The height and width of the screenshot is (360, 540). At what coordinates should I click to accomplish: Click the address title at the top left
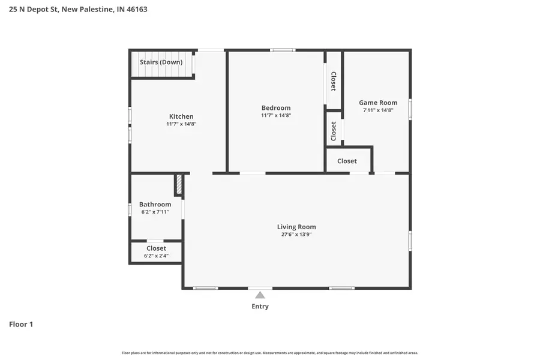click(78, 10)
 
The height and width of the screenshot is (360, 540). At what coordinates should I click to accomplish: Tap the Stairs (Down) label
click(161, 62)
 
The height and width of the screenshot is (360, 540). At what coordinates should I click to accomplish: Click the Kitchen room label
click(181, 116)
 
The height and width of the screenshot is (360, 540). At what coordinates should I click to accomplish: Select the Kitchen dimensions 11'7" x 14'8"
click(181, 124)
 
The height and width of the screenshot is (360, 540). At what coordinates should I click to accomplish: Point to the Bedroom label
click(276, 108)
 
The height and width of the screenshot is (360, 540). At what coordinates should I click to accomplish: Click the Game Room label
click(378, 103)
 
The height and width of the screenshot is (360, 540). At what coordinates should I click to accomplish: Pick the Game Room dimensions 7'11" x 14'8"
click(378, 110)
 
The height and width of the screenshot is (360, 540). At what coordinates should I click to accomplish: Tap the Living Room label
click(296, 227)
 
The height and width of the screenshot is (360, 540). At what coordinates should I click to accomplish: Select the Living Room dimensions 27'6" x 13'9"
click(296, 235)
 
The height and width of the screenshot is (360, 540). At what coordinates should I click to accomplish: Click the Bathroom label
click(155, 205)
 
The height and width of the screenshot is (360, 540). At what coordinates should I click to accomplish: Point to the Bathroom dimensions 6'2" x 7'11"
click(155, 212)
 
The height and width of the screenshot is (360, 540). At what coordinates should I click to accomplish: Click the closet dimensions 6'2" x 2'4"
click(156, 256)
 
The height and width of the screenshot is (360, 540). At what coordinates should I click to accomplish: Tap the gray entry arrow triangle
click(260, 295)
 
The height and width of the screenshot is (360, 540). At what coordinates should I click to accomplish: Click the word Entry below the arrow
click(260, 307)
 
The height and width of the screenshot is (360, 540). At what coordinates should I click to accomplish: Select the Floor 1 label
click(21, 325)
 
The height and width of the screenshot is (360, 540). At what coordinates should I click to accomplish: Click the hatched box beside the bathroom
click(178, 185)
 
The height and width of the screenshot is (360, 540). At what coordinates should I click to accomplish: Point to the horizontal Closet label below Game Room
click(347, 161)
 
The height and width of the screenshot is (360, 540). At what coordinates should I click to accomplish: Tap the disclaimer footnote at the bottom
click(270, 353)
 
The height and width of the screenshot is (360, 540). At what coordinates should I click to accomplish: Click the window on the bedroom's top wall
click(282, 50)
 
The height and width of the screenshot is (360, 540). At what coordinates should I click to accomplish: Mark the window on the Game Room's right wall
click(410, 109)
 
